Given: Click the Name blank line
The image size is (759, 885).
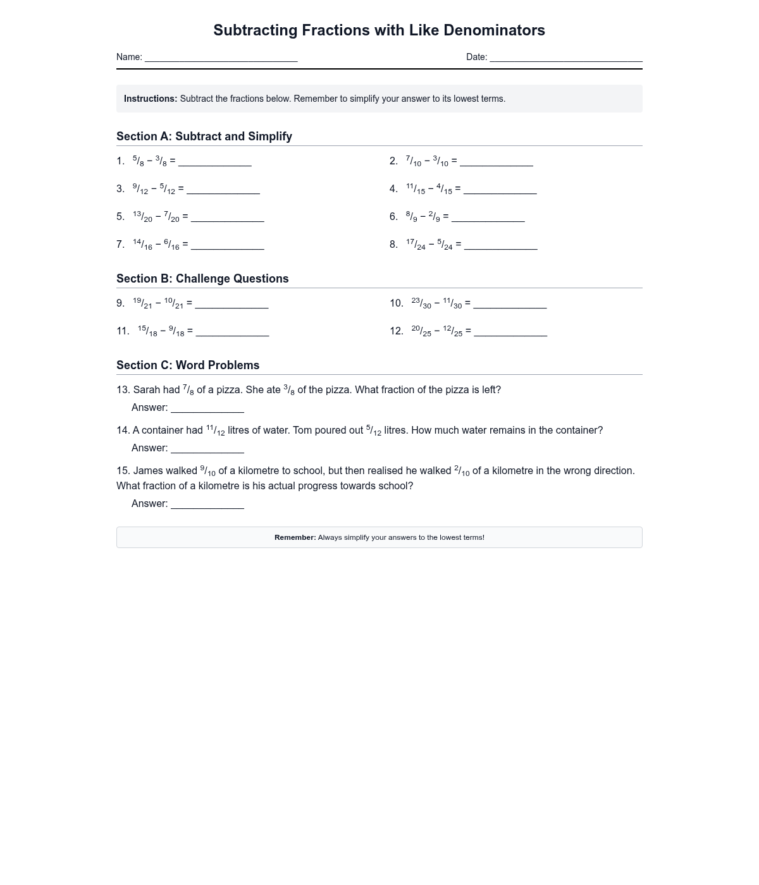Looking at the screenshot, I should point(221,58).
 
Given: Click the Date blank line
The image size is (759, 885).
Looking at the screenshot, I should point(566,58).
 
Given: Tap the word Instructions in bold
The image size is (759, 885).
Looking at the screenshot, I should point(151,99).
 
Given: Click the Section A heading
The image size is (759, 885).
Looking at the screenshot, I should point(204,137).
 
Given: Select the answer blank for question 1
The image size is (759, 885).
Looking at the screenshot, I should point(215,162).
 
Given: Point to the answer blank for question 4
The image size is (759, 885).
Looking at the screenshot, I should point(500,190).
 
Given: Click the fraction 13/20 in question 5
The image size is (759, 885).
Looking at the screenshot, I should point(142,217).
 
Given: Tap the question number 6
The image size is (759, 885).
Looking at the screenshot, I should point(393,217).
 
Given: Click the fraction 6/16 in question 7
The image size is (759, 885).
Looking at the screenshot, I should point(171,245).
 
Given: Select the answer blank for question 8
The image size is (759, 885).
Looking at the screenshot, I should point(500,246).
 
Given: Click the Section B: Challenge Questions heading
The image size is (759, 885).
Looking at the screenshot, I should point(202,279).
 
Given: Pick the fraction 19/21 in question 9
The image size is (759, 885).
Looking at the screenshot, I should point(142,303).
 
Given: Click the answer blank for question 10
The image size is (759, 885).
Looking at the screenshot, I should point(510,305).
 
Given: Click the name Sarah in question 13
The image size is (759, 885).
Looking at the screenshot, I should point(147,390).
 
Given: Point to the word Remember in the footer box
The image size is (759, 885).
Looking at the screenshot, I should point(295,537).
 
